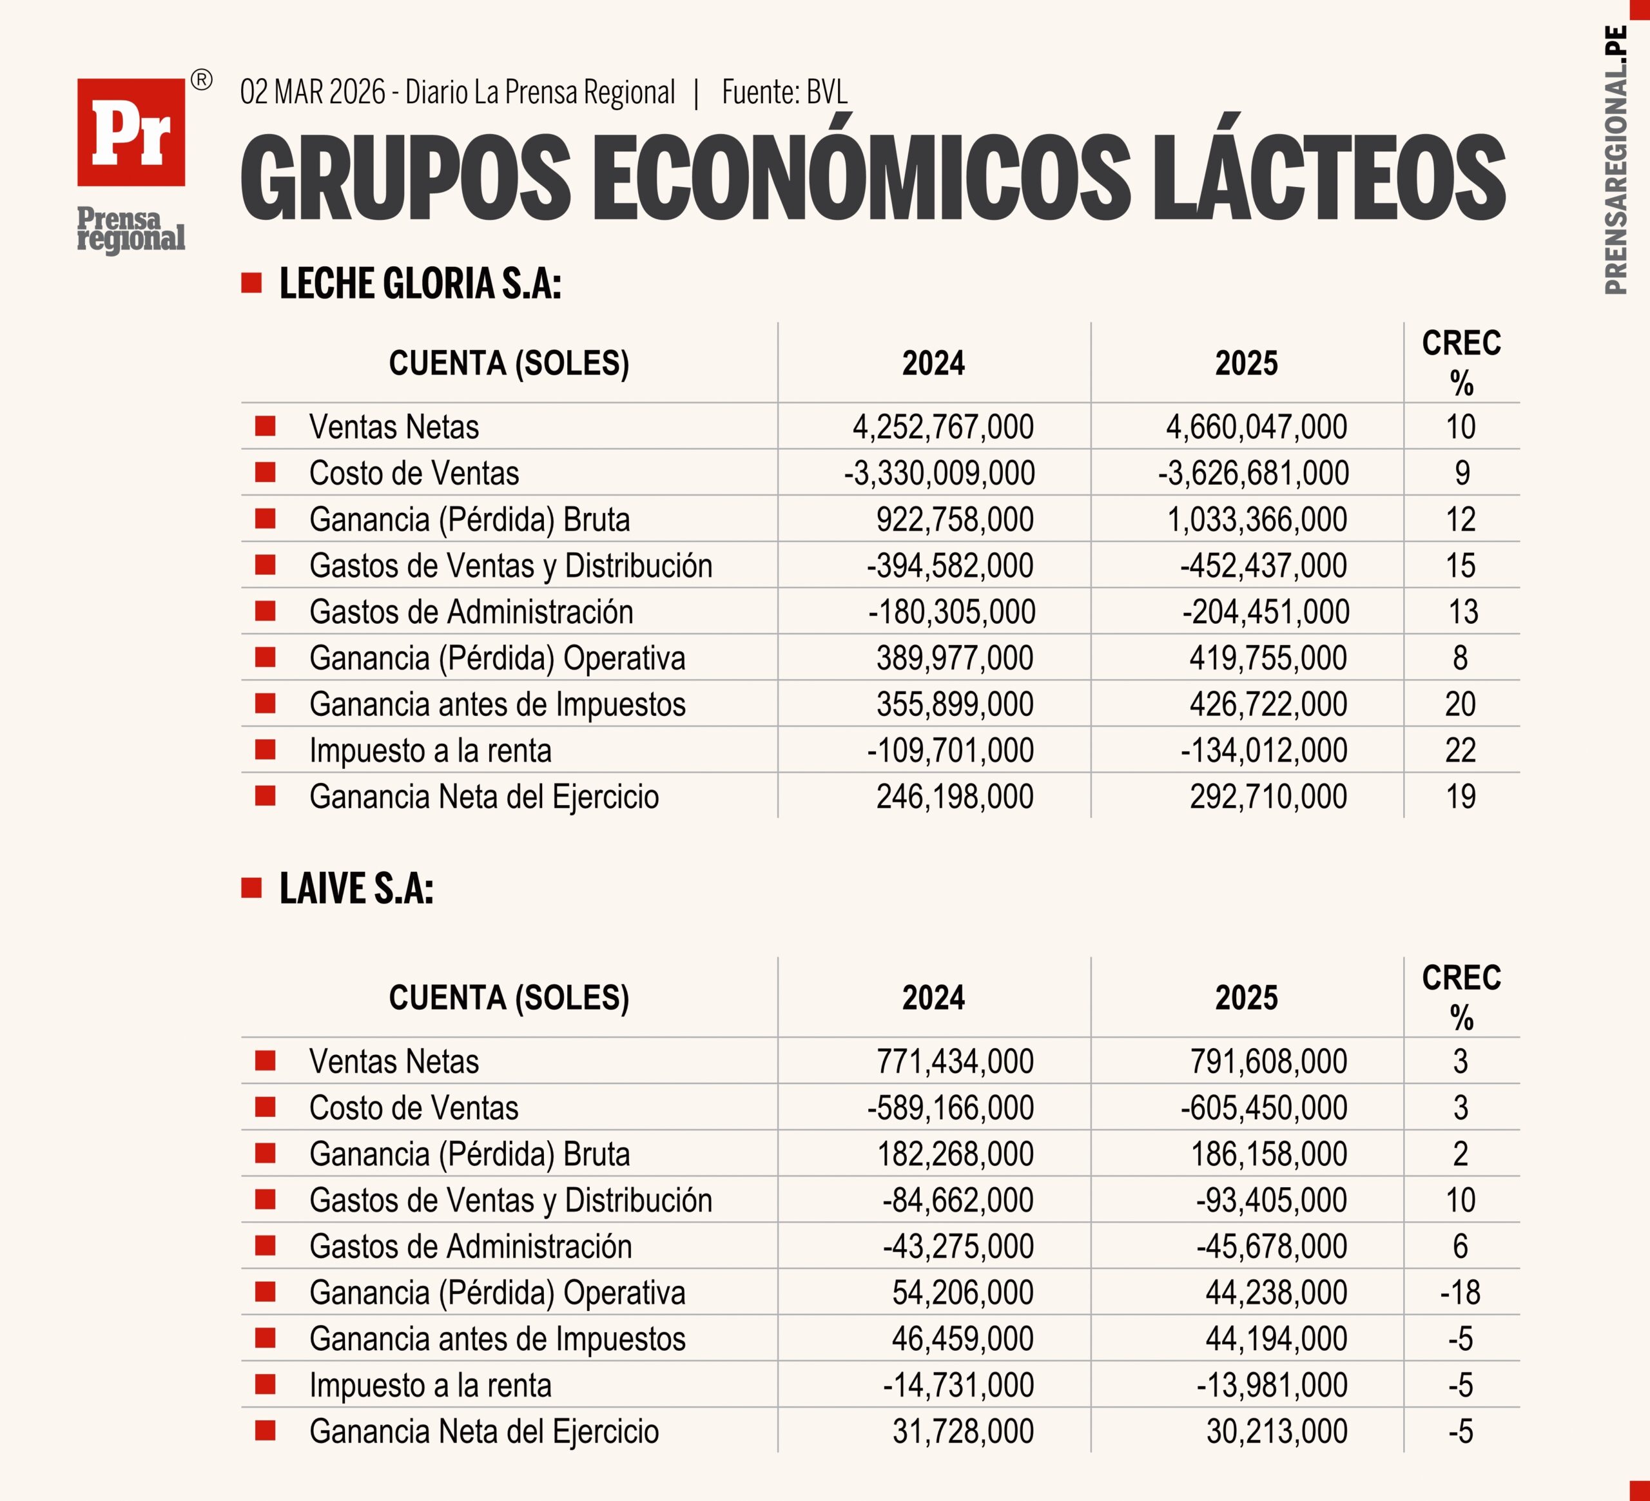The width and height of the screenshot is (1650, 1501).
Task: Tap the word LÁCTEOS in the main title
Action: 1330,178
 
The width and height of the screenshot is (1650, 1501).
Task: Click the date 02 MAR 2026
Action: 312,92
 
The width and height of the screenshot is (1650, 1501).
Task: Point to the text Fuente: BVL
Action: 784,92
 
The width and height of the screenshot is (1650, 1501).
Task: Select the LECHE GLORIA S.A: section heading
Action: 420,284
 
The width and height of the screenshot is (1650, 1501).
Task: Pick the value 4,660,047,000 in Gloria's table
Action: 1256,427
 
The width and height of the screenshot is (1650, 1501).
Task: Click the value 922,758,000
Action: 955,519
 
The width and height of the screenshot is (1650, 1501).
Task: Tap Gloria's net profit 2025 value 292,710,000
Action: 1268,797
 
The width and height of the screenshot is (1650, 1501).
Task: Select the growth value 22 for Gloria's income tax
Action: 1460,750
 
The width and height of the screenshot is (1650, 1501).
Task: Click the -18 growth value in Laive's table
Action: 1460,1293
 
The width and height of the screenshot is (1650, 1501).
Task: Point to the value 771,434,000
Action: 955,1061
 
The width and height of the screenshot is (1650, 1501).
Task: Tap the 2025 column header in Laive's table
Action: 1246,998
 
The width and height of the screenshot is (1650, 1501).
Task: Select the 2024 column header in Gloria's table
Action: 933,363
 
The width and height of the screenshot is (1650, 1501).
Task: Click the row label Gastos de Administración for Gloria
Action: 471,612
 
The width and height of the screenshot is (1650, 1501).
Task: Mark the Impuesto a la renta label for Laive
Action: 430,1386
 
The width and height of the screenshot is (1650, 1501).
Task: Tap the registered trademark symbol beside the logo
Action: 200,80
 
